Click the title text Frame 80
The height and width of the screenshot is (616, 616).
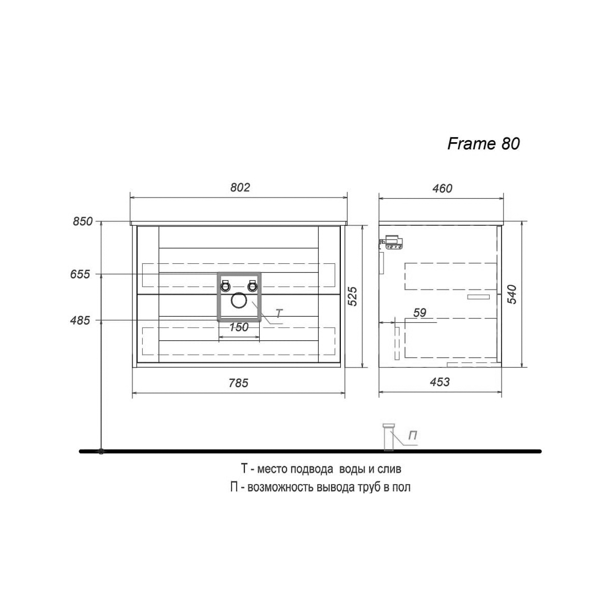click(x=484, y=144)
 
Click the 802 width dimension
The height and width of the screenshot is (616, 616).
click(x=240, y=187)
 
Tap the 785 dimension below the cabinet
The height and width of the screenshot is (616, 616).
click(x=239, y=382)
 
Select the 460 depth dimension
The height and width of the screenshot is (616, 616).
click(x=442, y=188)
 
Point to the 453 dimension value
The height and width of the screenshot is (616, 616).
click(x=440, y=382)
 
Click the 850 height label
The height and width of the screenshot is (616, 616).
click(x=83, y=221)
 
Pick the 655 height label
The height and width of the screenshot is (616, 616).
click(x=80, y=274)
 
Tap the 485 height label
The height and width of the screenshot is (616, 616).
click(x=80, y=320)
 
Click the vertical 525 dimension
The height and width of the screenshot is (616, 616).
click(x=352, y=296)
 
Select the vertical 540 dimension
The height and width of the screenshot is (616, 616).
click(x=512, y=294)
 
